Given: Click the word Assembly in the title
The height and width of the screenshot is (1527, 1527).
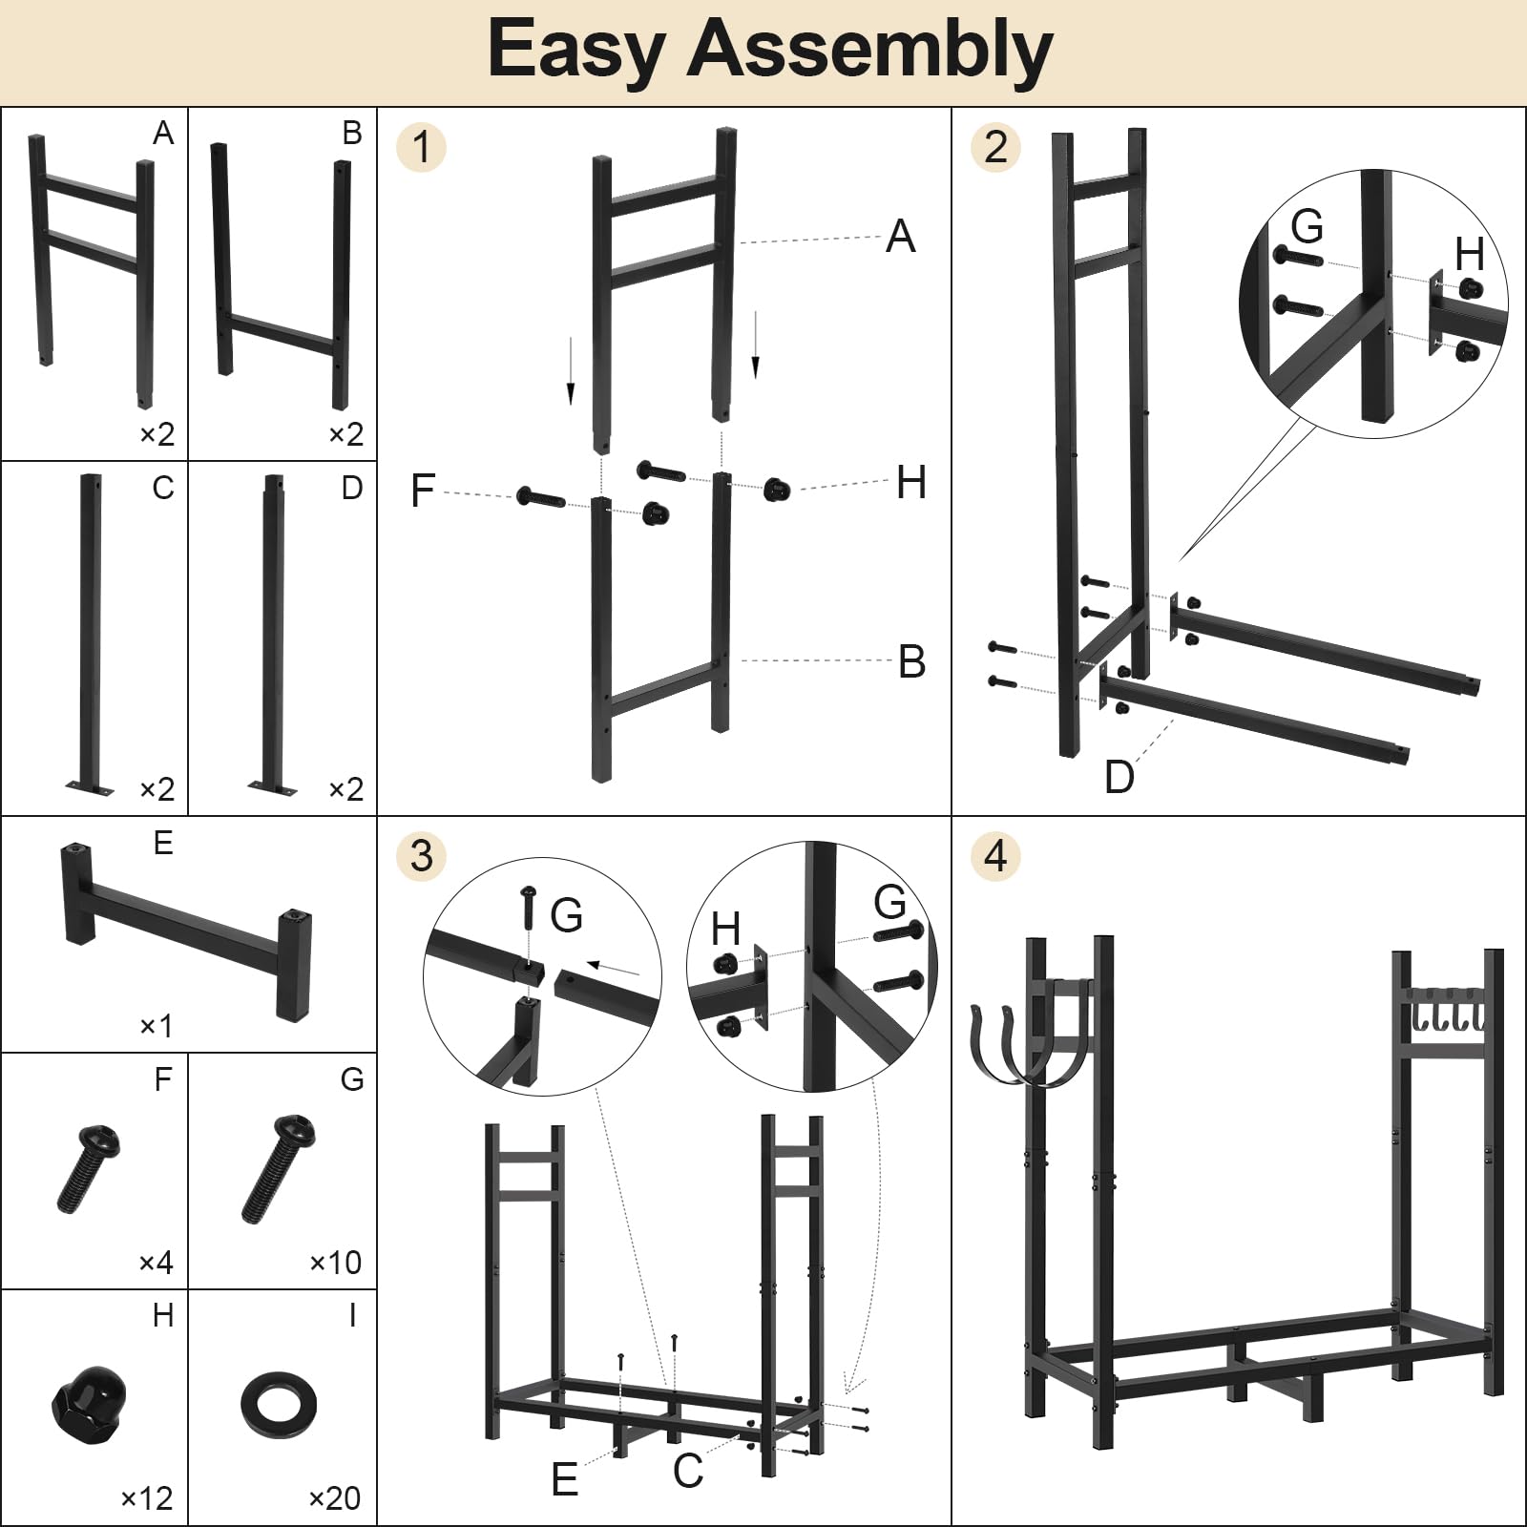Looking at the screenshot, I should coord(868,50).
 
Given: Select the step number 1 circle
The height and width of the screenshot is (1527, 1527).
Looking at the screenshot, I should coord(421,147).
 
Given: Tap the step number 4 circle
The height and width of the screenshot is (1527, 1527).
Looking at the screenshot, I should coord(995,855).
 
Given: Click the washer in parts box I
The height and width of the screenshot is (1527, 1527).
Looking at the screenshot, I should coord(278,1404).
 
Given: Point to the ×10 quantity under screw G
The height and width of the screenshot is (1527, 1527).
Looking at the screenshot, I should coord(335,1263).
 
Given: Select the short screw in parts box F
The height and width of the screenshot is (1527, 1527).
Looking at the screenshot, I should coord(88,1168).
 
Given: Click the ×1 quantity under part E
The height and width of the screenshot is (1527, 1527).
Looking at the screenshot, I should coord(156,1026).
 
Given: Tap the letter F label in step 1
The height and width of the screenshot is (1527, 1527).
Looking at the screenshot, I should coord(422,492).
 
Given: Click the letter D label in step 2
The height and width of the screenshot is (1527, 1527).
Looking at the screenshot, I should coord(1119,778).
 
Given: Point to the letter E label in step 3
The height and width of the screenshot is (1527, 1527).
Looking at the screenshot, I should coord(564,1480).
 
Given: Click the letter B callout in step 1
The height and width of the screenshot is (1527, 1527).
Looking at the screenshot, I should coord(911,661).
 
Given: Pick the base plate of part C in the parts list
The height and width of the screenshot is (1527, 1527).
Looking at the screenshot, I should coord(90,788).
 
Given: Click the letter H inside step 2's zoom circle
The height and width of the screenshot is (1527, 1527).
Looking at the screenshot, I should coord(1469,254).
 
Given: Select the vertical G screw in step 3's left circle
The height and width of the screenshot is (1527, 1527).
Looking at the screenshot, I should coord(529,909).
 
